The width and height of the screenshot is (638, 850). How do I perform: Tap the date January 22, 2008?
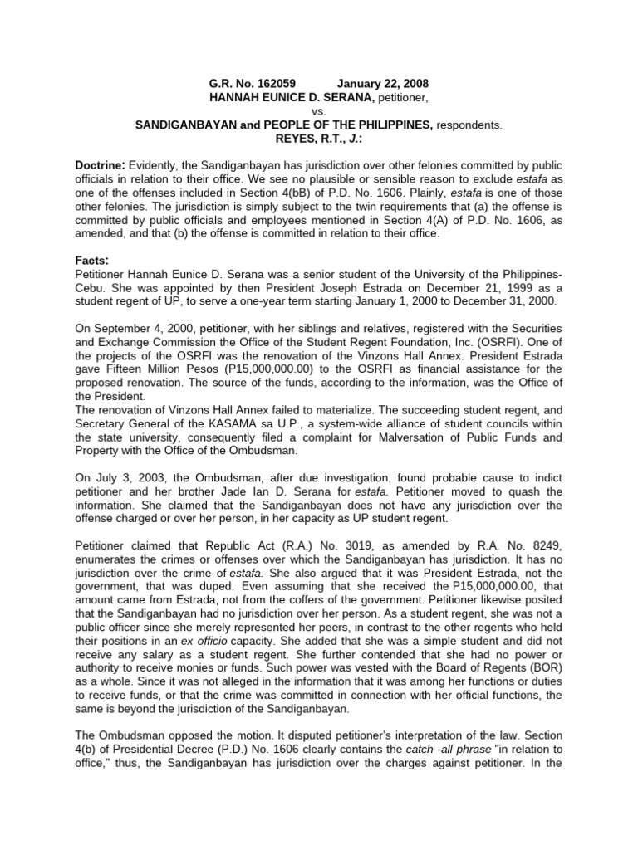point(383,85)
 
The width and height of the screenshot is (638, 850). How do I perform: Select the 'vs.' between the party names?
point(318,111)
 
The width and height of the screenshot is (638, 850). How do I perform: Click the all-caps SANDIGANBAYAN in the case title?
point(193,125)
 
